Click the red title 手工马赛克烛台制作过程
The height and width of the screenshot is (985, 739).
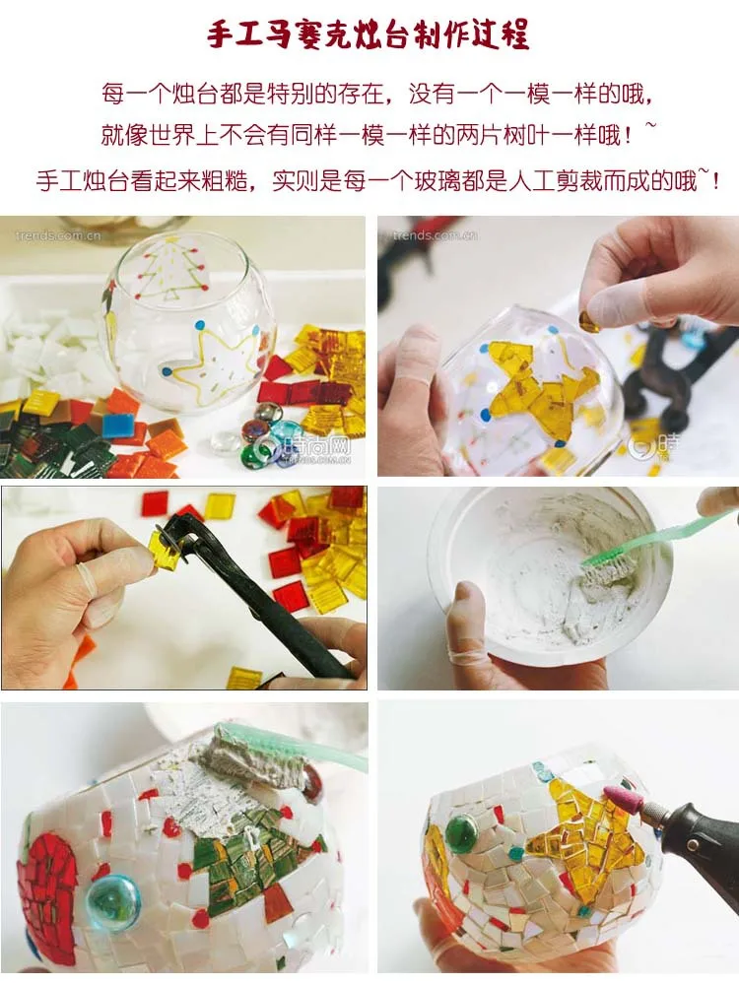(369, 33)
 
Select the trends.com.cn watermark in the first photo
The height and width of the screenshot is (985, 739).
(57, 235)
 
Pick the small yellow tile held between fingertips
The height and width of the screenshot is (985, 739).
(589, 318)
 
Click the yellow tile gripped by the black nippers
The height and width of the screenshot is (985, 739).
(161, 542)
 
